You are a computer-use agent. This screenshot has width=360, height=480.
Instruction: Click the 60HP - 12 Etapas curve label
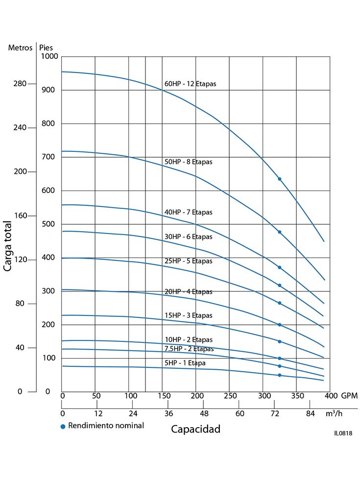(190, 84)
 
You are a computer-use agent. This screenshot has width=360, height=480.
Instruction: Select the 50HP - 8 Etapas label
(188, 162)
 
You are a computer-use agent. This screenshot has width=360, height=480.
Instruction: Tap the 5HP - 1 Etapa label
(185, 363)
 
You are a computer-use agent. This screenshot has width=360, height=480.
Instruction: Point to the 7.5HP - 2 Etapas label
(189, 349)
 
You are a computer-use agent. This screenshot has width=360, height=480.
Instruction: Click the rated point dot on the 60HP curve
(280, 179)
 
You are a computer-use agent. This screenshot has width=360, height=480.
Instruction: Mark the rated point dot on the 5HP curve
(280, 375)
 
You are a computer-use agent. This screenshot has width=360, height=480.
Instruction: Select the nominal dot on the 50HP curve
(280, 232)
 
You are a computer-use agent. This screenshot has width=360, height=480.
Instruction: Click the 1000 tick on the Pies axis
(48, 56)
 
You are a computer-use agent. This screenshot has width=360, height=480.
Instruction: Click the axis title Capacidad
(196, 429)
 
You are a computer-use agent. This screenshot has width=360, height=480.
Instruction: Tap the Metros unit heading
(20, 48)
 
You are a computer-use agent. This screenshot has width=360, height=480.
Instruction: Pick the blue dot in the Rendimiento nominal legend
(63, 426)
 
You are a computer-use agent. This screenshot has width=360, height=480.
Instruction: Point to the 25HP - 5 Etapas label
(188, 261)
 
